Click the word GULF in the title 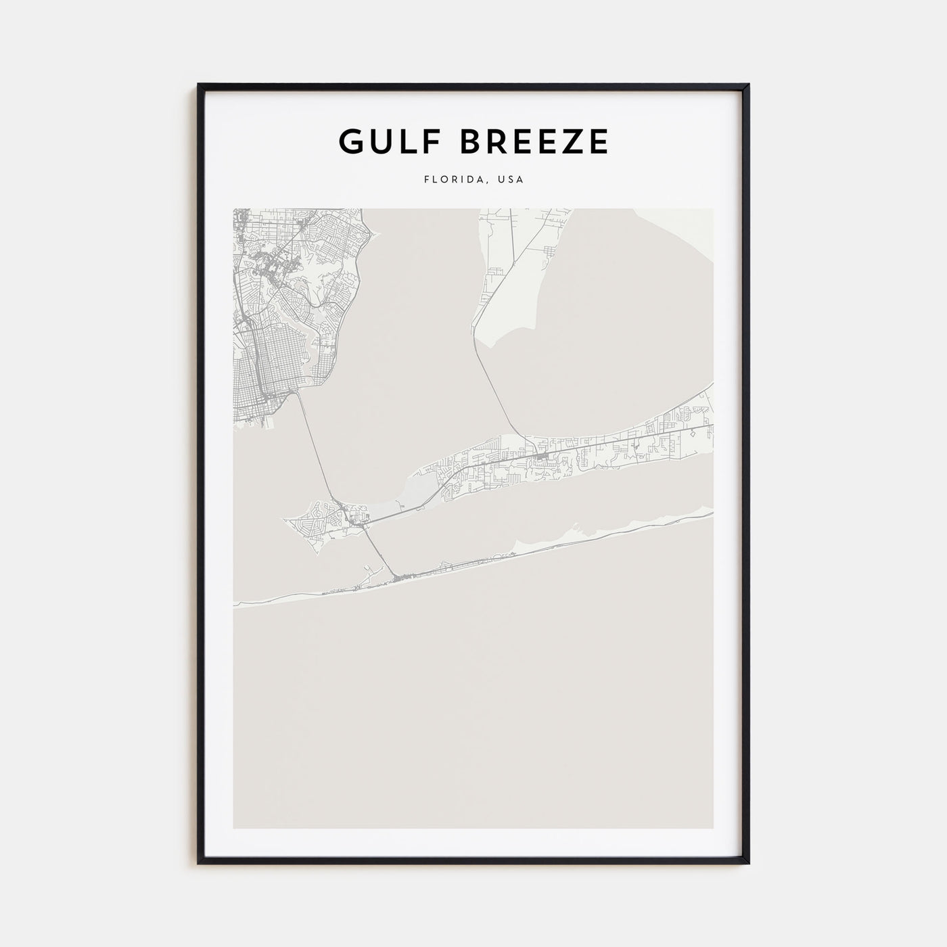(x=381, y=141)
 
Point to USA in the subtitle (x=511, y=180)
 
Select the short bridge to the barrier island (x=379, y=551)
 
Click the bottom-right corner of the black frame (x=749, y=863)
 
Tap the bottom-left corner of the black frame (x=199, y=863)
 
